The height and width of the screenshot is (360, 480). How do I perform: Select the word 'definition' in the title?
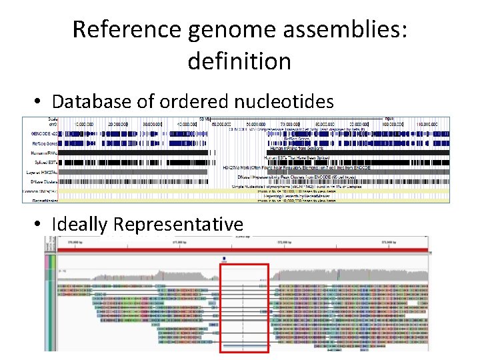(239, 61)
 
